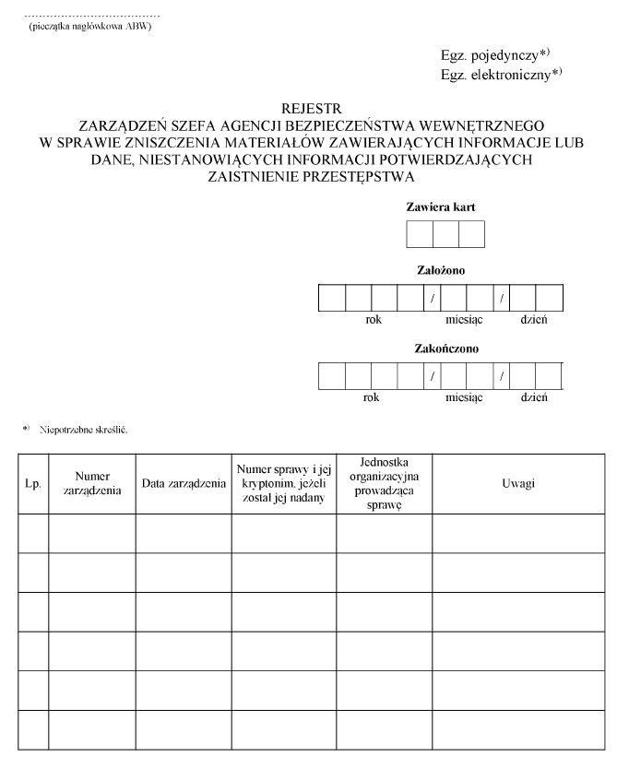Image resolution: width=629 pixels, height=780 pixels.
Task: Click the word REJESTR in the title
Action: (312, 109)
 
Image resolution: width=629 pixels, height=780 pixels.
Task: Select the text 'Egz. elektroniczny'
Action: (495, 74)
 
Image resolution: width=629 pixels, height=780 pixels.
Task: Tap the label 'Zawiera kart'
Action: (440, 207)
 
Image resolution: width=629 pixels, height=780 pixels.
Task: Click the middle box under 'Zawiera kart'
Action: (445, 234)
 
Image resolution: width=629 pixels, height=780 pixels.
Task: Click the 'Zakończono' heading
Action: (440, 349)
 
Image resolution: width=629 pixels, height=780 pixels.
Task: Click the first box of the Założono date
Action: (331, 299)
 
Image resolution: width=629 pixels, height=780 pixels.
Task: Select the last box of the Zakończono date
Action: (549, 376)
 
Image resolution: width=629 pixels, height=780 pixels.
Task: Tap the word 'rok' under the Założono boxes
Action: (372, 319)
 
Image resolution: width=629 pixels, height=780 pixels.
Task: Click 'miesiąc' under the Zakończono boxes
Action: (464, 397)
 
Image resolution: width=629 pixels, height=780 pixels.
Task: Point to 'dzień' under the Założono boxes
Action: (534, 319)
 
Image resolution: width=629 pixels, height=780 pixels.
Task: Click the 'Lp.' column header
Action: (33, 484)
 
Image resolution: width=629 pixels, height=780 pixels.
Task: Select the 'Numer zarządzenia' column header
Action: (92, 484)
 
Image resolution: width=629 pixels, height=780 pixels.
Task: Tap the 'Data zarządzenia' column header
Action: (184, 484)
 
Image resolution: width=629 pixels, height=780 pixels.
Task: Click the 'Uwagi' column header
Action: (518, 484)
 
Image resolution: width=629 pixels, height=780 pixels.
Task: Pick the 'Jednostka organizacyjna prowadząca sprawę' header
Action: (384, 484)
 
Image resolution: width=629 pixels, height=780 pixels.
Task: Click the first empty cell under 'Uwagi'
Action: (518, 533)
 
